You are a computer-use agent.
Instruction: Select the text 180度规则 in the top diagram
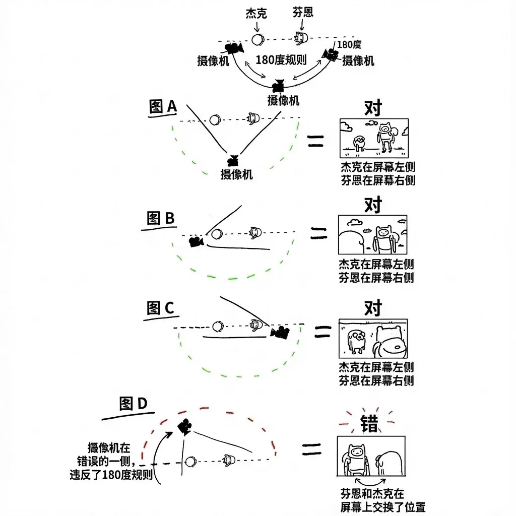(281, 59)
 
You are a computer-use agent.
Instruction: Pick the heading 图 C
(160, 307)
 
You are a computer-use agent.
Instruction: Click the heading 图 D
(133, 404)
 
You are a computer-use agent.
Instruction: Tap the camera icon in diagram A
(233, 160)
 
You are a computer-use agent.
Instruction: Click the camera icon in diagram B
(196, 241)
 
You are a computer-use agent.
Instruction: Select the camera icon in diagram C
(280, 332)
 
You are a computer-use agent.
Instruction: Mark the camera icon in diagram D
(184, 427)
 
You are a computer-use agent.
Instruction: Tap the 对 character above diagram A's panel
(372, 108)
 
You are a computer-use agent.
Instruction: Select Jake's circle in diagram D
(190, 462)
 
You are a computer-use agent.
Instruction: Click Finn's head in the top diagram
(300, 37)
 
